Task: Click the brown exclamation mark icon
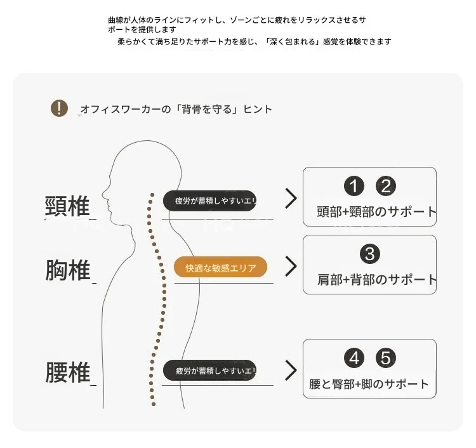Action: [x=59, y=108]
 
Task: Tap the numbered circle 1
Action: [x=354, y=186]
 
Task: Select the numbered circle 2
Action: [x=386, y=186]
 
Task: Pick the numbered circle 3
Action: [x=370, y=254]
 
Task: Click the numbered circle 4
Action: [x=354, y=358]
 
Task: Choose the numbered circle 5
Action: [x=386, y=358]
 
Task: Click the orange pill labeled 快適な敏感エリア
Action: [x=220, y=267]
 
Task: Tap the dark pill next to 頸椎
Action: [x=210, y=201]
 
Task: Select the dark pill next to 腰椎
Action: [x=210, y=371]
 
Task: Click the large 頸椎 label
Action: [x=67, y=206]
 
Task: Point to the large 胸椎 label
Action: [x=68, y=270]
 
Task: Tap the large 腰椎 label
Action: [x=68, y=372]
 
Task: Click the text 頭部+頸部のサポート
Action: [x=376, y=211]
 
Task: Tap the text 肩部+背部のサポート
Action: [x=377, y=280]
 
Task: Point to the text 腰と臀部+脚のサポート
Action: [x=369, y=385]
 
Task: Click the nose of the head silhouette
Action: [x=103, y=194]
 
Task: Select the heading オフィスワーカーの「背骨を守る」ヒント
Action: [x=176, y=109]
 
